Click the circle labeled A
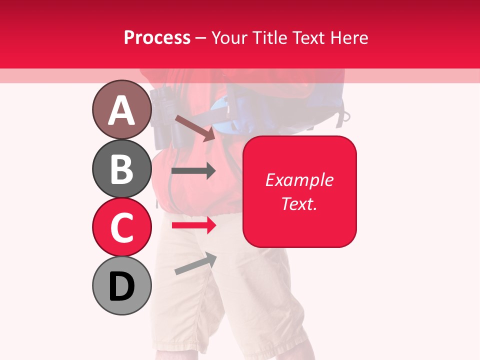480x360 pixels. pos(121,109)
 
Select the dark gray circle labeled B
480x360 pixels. pos(121,168)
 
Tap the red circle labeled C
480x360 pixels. pos(121,227)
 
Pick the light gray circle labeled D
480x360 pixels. pos(121,285)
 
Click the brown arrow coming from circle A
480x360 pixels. pos(194,127)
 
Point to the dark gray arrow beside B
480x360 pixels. pos(193,171)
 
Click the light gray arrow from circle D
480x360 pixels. pos(195,263)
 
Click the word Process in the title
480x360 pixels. pos(157,37)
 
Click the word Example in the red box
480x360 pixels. pos(299,180)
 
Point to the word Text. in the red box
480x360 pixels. pos(299,203)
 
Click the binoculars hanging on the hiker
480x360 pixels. pos(161,117)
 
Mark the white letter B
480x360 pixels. pos(121,169)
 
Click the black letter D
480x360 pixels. pos(121,286)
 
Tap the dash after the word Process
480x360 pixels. pos(201,38)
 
